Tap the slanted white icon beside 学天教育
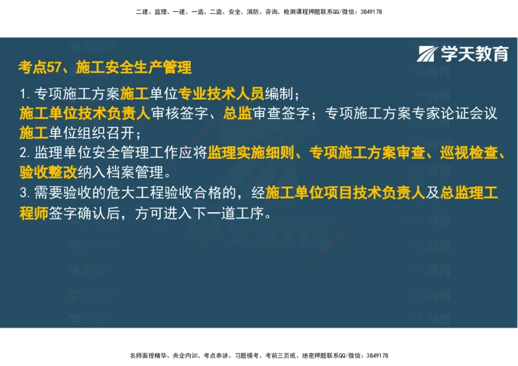429,54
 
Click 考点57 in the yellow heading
39,67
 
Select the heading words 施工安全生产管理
133,67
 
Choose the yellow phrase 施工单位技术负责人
85,113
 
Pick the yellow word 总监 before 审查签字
238,113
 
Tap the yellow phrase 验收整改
49,173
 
